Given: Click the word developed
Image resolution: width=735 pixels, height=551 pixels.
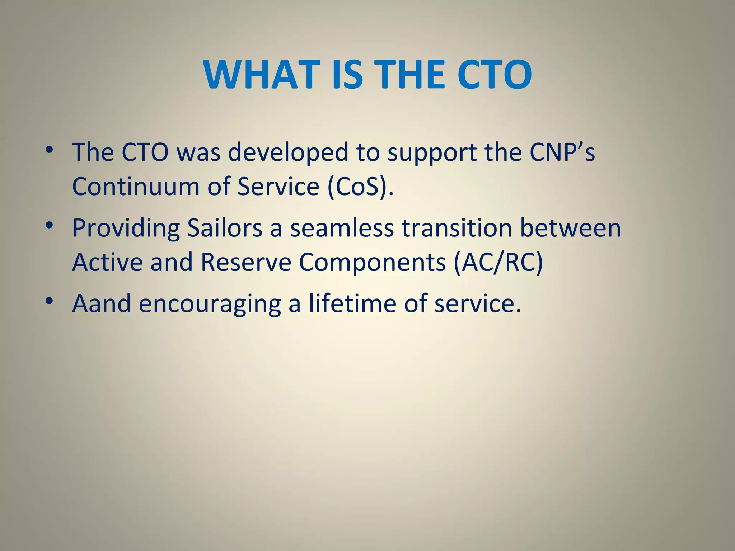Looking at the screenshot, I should (x=288, y=152).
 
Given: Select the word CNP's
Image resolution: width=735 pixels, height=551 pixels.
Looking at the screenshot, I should (x=562, y=152).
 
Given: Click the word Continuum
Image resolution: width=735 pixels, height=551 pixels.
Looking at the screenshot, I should (x=136, y=187).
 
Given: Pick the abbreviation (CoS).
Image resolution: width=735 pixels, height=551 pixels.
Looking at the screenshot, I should (x=360, y=187).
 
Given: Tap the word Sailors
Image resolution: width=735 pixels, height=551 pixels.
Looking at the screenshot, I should (x=225, y=228).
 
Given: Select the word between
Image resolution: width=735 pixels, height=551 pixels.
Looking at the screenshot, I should (x=570, y=228).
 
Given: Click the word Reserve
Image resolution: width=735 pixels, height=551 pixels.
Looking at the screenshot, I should (x=246, y=262).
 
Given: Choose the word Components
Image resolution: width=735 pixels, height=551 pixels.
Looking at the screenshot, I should (x=372, y=263).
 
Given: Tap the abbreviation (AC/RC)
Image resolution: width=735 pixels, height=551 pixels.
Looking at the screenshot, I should (x=498, y=263).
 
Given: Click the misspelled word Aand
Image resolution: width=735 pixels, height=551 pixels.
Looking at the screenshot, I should (x=102, y=303).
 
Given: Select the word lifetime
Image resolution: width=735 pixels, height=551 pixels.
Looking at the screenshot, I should (x=352, y=303).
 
